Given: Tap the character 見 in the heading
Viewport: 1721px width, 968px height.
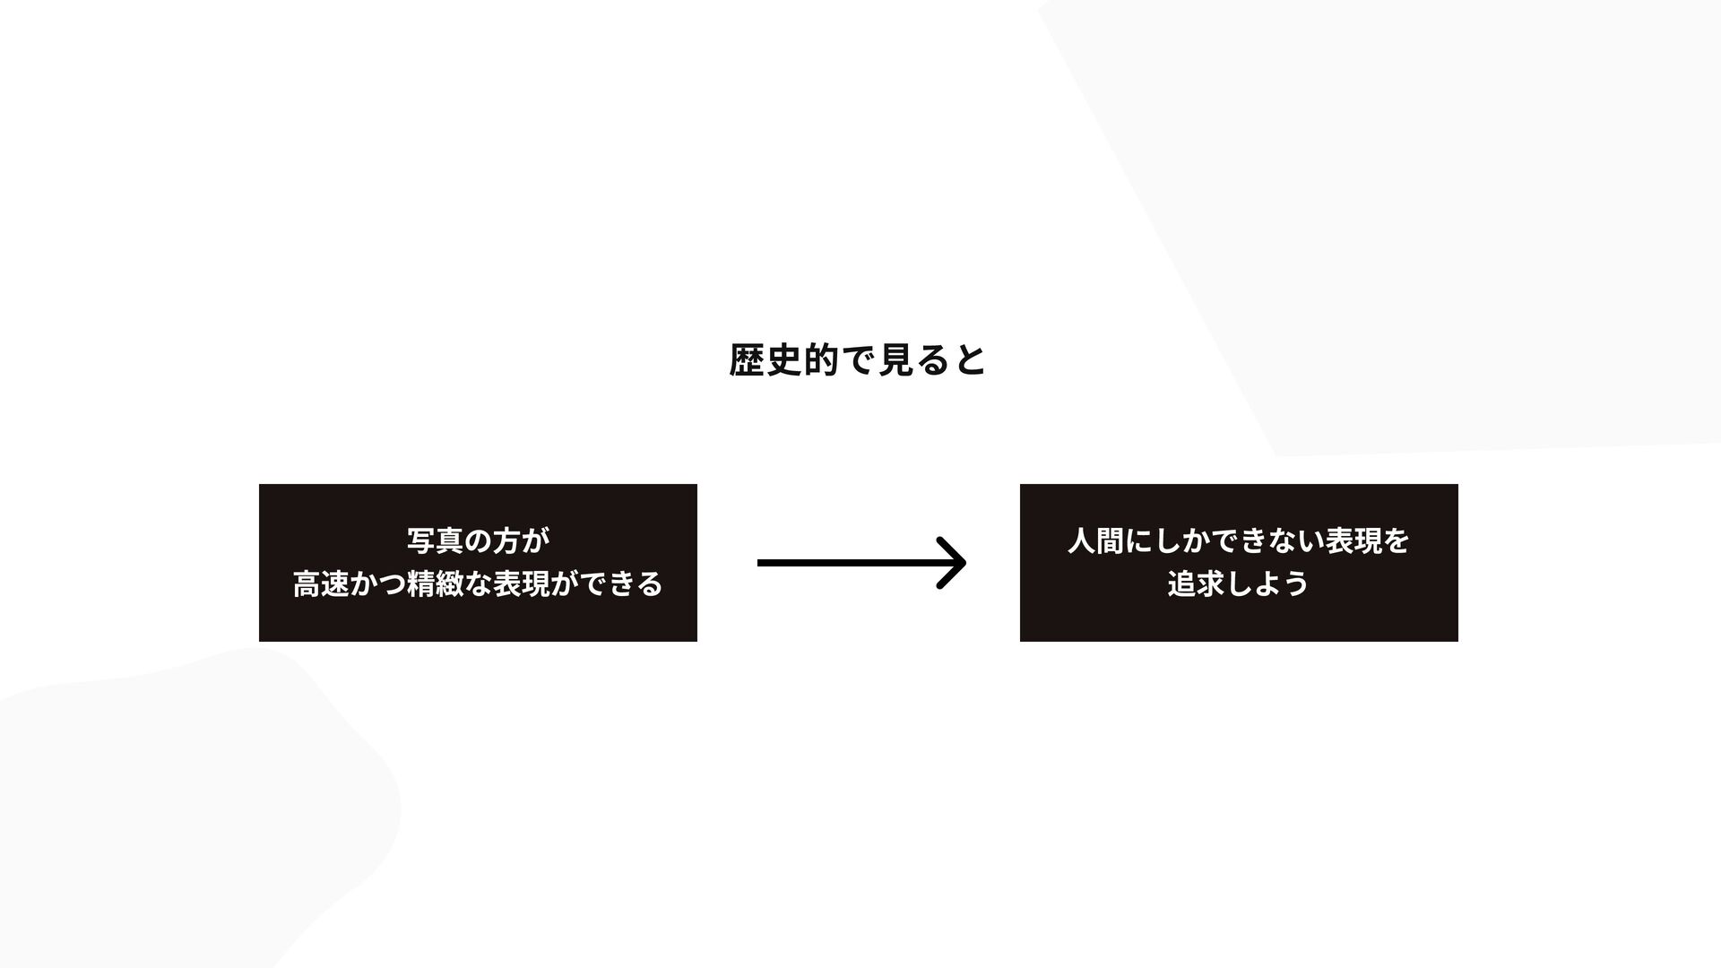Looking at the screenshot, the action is point(895,360).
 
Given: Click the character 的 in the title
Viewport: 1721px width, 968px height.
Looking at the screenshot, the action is point(821,360).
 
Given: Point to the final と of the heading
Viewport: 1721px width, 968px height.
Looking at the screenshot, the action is point(970,360).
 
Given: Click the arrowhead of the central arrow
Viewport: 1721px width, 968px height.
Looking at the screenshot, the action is point(955,563).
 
